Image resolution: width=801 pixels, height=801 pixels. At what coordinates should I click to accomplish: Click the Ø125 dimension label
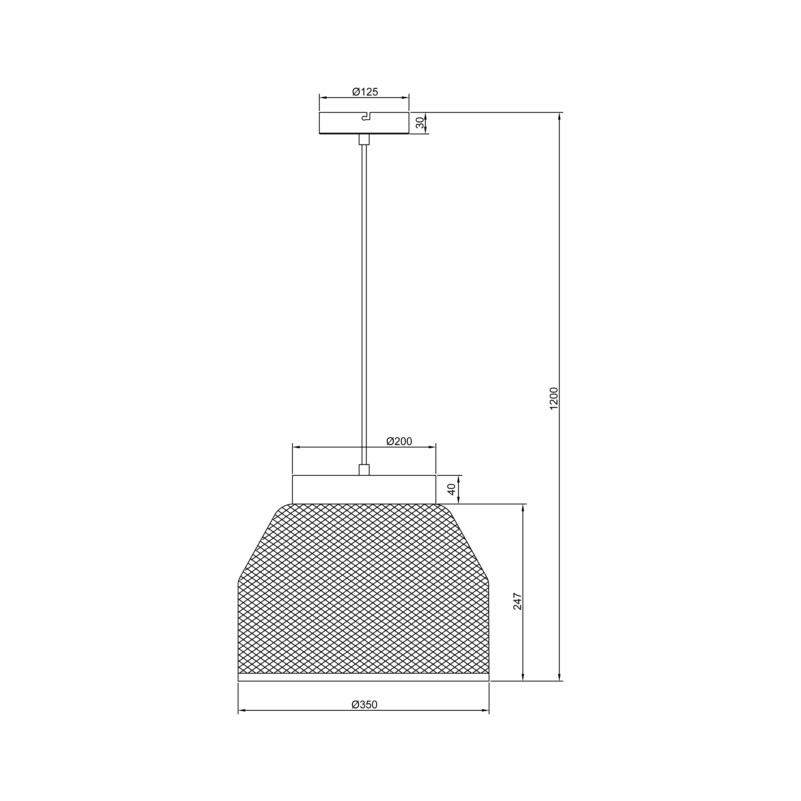(365, 92)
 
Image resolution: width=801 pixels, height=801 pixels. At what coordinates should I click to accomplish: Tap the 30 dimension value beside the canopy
(420, 123)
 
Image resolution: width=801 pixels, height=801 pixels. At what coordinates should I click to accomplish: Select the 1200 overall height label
(554, 398)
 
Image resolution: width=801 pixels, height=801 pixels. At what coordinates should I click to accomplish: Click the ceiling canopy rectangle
(364, 123)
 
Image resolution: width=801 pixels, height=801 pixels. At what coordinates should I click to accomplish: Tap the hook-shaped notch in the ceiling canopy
(366, 116)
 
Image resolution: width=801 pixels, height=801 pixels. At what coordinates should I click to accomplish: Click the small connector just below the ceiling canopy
(364, 139)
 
